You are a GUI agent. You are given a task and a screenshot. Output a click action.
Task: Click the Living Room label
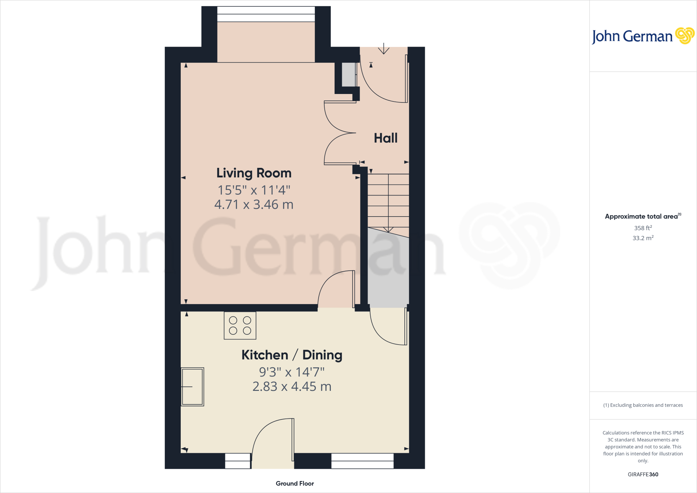click(x=254, y=173)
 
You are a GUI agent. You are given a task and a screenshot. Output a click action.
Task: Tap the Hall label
click(x=386, y=138)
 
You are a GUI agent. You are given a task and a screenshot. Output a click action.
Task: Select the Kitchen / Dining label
click(x=292, y=355)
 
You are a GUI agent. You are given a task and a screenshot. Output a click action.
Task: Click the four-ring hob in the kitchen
click(x=240, y=325)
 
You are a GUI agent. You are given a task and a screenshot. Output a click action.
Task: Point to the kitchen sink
click(x=192, y=387)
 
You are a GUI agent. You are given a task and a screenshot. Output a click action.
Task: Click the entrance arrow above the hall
click(x=384, y=49)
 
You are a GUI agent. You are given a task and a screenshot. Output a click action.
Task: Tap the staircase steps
click(x=388, y=201)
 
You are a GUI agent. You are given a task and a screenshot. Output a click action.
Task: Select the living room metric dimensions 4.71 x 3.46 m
click(x=254, y=205)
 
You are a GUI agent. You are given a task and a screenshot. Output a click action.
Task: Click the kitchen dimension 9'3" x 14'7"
click(x=292, y=372)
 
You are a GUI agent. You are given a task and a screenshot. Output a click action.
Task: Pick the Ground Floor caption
click(x=295, y=483)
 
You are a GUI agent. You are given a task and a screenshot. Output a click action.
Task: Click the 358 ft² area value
click(x=643, y=228)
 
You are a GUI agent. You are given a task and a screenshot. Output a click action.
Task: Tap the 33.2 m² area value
click(x=643, y=238)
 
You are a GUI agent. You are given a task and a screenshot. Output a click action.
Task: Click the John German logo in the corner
click(x=643, y=36)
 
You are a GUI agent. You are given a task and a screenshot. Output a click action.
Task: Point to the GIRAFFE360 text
click(x=643, y=474)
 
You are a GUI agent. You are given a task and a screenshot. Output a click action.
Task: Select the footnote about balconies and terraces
click(x=643, y=405)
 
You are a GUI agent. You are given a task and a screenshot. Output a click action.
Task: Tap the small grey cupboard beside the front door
click(x=348, y=75)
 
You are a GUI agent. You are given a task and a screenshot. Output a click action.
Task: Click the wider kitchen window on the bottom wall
click(x=362, y=461)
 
